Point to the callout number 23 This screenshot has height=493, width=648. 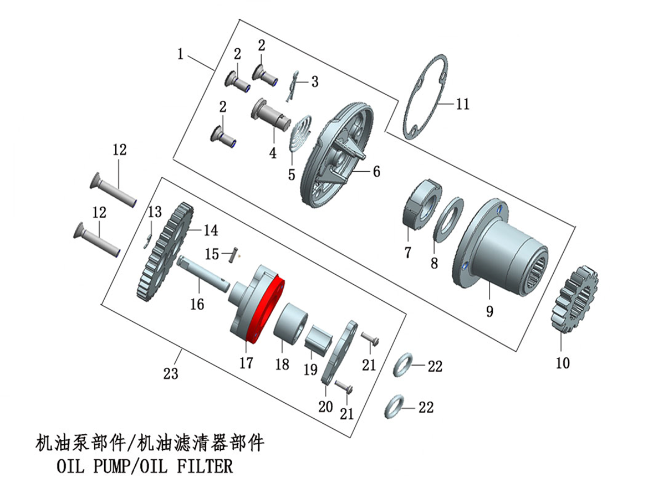(171, 373)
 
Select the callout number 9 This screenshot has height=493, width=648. (489, 311)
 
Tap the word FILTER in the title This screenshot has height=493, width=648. (205, 466)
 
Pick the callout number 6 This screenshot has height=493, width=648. (376, 172)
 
